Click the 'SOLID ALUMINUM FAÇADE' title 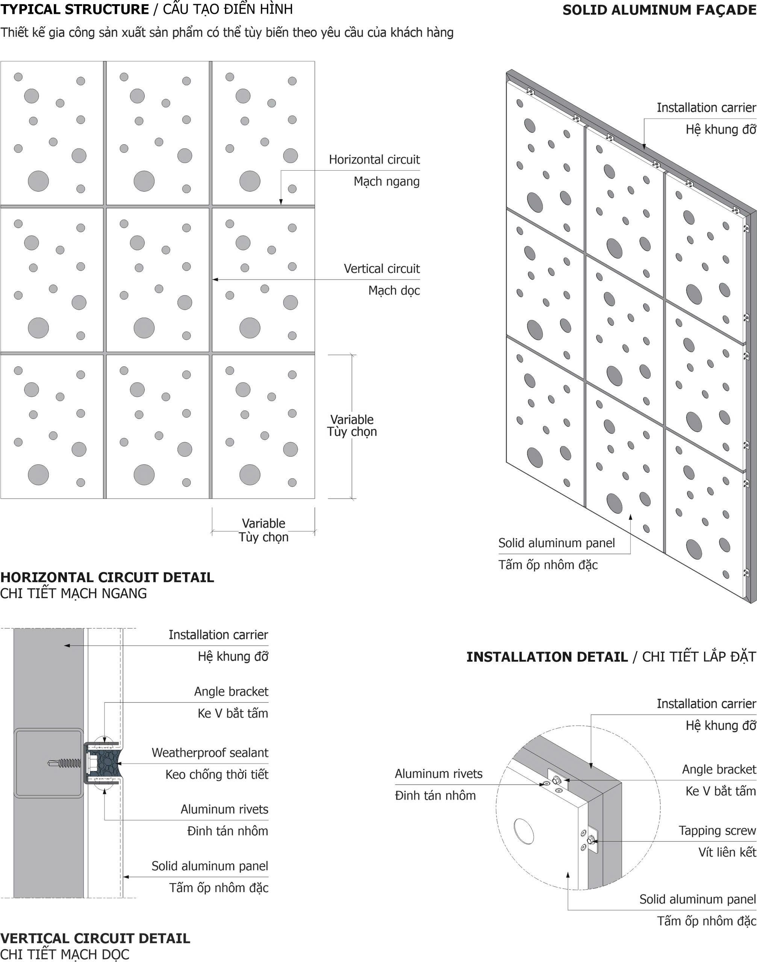pos(659,10)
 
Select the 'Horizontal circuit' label pos(374,160)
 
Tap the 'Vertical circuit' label pos(382,269)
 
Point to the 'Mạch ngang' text pos(386,181)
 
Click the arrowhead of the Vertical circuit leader pos(215,280)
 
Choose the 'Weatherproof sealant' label pos(210,752)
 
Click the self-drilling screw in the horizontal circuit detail pos(64,763)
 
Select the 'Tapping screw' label pos(717,830)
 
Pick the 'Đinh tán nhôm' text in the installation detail pos(435,796)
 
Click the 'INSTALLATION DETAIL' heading pos(547,657)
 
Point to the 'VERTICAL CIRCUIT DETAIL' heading pos(95,938)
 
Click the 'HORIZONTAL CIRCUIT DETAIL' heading pos(107,577)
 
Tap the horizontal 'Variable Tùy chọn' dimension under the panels pos(263,530)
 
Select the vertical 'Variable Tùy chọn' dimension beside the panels pos(352,425)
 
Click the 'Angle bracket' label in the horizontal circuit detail pos(231,691)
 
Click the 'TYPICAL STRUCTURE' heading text pos(74,9)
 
